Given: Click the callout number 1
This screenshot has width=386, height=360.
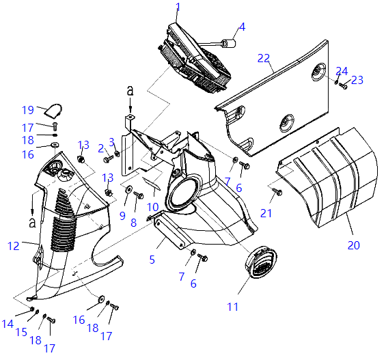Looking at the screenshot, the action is tap(178, 7).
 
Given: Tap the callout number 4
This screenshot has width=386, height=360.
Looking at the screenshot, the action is tap(243, 27).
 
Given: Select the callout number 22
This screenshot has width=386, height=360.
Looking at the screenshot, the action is tap(264, 58).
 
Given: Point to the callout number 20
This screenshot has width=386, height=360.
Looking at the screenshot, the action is tap(353, 245).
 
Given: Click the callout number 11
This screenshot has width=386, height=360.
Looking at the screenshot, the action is tap(233, 307).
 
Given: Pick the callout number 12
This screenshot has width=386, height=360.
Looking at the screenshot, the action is tap(13, 246).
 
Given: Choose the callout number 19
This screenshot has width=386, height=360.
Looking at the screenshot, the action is tap(28, 110).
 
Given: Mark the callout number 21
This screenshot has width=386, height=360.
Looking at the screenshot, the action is tap(266, 213).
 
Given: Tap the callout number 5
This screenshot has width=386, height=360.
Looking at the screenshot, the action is tap(152, 260).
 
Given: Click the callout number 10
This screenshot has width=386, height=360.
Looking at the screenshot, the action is tap(152, 207).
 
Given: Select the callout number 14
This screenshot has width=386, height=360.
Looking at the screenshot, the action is tap(8, 324).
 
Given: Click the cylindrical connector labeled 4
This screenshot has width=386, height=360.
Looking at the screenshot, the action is tap(229, 44).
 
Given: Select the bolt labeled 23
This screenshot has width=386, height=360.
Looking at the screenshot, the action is tap(343, 86).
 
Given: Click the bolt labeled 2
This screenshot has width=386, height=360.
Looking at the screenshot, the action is tap(109, 159).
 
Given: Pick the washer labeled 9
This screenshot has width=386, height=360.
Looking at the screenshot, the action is tap(128, 189).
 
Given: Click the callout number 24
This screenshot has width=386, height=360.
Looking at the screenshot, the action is tap(342, 71).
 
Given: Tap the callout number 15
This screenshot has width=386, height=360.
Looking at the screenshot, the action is tap(21, 332).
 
